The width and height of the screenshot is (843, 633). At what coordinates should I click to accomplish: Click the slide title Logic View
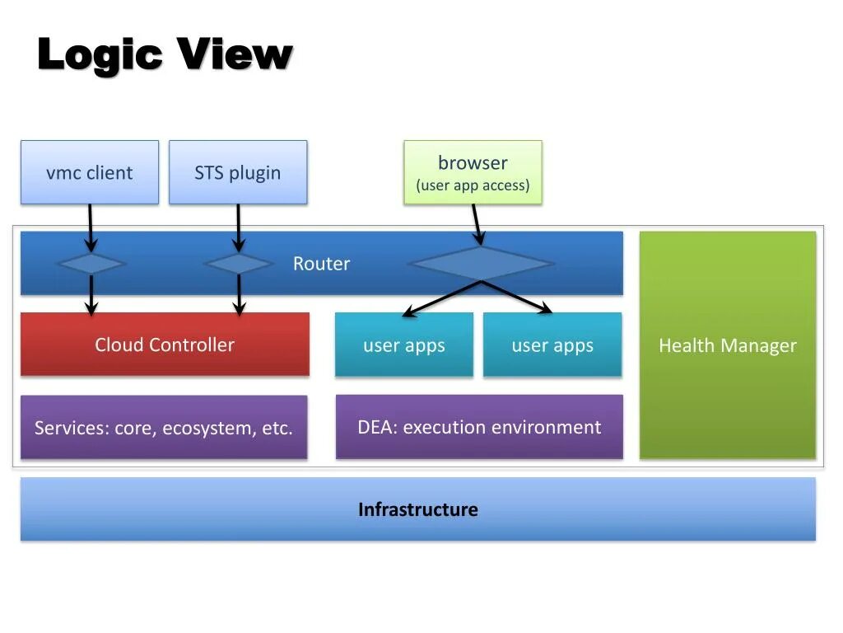165,54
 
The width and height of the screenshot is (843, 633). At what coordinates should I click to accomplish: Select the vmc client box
89,172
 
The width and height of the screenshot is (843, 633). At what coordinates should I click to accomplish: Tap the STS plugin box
237,172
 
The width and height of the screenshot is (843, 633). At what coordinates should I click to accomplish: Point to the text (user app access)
473,185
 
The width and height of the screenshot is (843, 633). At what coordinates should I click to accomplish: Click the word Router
321,264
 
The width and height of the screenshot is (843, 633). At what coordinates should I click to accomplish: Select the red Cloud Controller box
165,345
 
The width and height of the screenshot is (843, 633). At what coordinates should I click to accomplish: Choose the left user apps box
403,345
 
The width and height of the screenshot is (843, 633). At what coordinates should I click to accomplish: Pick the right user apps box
552,345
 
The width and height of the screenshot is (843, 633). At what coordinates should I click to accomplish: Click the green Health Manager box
727,345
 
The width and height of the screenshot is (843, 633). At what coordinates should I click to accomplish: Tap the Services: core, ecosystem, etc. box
163,428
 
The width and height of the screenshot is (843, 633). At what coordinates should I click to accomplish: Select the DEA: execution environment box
479,427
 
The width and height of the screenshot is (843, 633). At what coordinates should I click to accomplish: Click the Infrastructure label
417,509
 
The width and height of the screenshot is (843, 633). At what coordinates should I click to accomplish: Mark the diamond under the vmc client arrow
91,264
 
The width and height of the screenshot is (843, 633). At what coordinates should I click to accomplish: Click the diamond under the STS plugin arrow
238,264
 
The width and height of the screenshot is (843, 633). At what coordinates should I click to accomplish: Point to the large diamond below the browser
481,264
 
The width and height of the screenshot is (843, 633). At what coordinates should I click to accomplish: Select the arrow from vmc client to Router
91,227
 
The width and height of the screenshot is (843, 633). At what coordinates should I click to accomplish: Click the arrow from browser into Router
475,224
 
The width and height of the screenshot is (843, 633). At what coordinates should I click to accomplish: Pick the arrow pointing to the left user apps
441,298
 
